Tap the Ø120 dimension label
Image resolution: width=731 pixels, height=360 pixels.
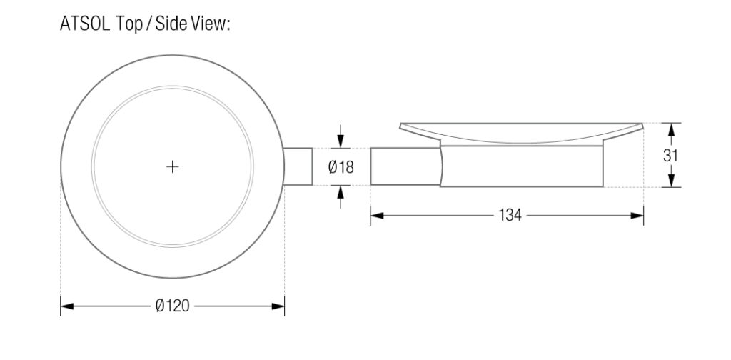[172, 306]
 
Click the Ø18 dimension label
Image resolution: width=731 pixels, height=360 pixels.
[341, 167]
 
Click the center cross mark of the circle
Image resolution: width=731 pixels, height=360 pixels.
[172, 167]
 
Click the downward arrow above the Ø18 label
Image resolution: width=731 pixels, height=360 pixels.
[341, 141]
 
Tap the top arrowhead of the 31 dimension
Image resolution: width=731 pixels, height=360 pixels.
[670, 129]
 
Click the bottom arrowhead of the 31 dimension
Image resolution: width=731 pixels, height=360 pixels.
[670, 181]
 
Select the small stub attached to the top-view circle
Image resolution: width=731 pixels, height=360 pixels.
[298, 167]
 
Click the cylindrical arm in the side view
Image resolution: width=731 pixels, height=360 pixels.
[404, 166]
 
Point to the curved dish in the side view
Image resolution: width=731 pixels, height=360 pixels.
[521, 133]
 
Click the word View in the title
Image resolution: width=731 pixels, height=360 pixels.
[207, 24]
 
